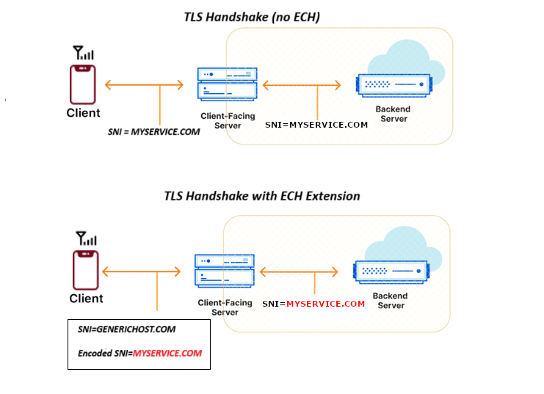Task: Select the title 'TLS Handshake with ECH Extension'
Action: tap(261, 196)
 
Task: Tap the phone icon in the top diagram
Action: tap(83, 84)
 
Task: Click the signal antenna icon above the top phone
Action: tap(83, 53)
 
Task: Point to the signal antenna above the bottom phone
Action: tap(86, 238)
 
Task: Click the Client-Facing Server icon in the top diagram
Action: tap(227, 84)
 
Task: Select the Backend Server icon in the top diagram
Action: tap(393, 86)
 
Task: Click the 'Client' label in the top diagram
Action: tap(83, 113)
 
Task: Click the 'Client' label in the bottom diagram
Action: tap(86, 299)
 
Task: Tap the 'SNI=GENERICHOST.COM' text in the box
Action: tap(126, 329)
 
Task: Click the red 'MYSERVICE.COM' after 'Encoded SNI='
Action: tap(167, 353)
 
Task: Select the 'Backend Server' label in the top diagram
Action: tap(394, 114)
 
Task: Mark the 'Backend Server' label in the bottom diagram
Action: tap(391, 301)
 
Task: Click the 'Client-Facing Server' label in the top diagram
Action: tap(227, 121)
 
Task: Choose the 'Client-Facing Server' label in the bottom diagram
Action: tap(225, 307)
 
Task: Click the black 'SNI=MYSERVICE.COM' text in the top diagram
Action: tap(316, 125)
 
